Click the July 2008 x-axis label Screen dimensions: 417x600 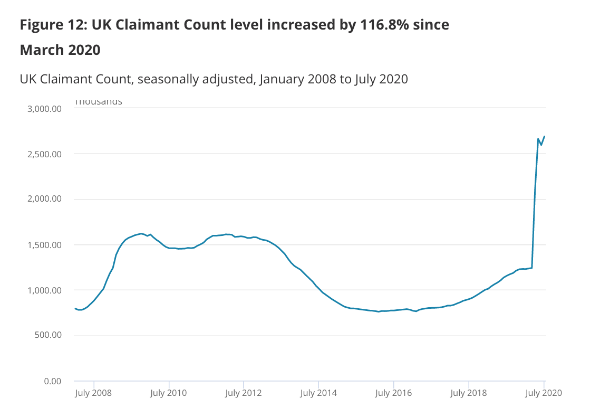click(x=93, y=393)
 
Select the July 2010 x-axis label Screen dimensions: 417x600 click(x=168, y=393)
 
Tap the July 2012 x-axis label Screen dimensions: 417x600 click(x=243, y=393)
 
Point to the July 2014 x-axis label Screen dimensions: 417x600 click(x=318, y=393)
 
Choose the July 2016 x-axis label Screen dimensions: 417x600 click(x=393, y=393)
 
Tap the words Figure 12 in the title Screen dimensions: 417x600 click(x=52, y=25)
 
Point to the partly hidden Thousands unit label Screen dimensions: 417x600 click(x=98, y=101)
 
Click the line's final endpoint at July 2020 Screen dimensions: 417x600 click(x=544, y=137)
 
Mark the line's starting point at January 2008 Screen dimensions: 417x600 click(x=75, y=308)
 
